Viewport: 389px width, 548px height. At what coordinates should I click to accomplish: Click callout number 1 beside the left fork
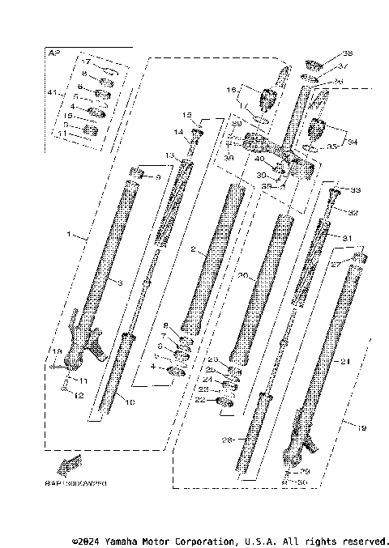tap(71, 236)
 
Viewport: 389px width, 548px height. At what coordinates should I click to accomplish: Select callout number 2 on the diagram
tap(194, 250)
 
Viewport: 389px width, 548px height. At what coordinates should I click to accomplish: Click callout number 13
tap(170, 155)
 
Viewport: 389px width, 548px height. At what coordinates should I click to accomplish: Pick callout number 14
tap(177, 131)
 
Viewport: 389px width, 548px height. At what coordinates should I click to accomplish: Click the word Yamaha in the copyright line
tap(137, 541)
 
